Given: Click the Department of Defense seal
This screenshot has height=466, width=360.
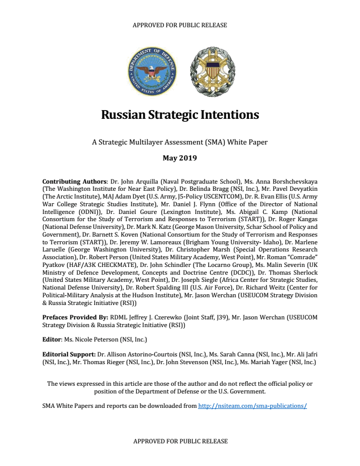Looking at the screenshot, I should (152, 73).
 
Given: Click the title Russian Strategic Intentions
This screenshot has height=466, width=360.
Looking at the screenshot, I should (179, 114).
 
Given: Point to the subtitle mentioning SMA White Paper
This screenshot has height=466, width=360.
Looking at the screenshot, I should (179, 141).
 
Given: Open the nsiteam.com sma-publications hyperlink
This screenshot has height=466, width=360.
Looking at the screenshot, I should (253, 405).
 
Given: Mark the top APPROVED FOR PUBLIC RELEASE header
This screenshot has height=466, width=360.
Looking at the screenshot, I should (179, 25).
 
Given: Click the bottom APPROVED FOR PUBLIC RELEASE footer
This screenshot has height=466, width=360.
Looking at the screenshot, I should (179, 441).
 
